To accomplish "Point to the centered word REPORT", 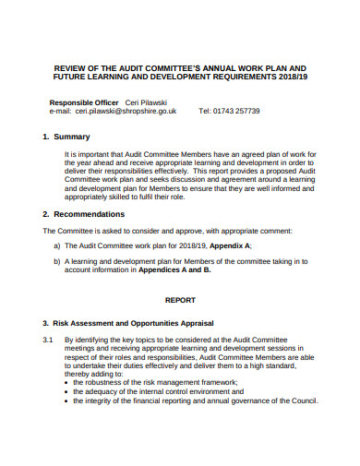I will click(181, 300).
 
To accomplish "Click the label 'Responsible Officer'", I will click(83, 101).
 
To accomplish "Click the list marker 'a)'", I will click(57, 247).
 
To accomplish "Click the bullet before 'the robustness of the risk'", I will click(66, 382).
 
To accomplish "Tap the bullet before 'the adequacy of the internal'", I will click(66, 391).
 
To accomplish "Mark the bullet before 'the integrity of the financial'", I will click(66, 400).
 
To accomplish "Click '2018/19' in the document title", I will click(287, 78).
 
